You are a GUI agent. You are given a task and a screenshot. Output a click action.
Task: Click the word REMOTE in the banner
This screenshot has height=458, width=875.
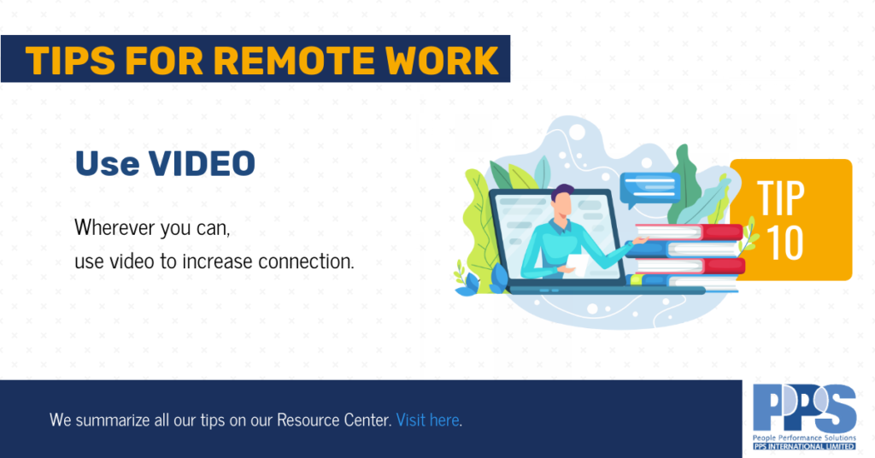click(x=294, y=60)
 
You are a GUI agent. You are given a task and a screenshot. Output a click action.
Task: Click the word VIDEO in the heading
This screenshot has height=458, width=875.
click(x=202, y=163)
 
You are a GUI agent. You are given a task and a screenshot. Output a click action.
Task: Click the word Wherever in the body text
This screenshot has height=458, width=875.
click(x=115, y=227)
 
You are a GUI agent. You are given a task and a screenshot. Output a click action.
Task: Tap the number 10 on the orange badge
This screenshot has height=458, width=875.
click(x=785, y=244)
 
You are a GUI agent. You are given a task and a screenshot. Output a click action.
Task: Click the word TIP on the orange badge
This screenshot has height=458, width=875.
click(x=781, y=198)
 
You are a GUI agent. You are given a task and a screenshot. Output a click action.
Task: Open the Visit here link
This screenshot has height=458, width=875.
click(x=428, y=420)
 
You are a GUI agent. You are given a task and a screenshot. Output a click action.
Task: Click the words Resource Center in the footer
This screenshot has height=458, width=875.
click(x=334, y=420)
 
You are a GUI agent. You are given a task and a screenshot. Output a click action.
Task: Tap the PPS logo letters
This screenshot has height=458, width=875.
click(x=804, y=409)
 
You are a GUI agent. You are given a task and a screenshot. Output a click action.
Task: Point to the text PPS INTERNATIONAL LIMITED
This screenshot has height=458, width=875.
click(x=804, y=446)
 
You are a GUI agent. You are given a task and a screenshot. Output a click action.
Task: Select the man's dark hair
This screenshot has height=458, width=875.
click(x=562, y=193)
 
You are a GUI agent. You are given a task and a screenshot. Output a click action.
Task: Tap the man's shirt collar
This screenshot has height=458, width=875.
click(x=560, y=226)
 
